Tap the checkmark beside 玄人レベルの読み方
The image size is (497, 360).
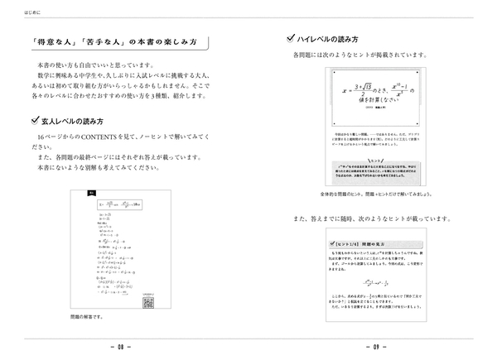click(32, 120)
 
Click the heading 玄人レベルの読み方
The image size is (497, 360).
click(80, 121)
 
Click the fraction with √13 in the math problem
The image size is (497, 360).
click(349, 89)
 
